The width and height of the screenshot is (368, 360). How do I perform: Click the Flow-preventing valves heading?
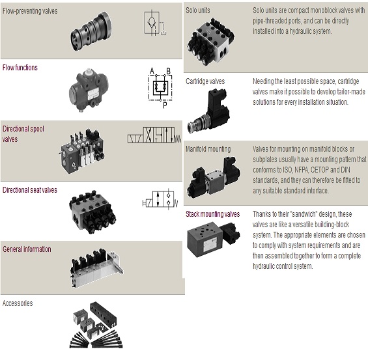[30, 11]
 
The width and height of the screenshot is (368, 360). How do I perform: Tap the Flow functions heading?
[20, 68]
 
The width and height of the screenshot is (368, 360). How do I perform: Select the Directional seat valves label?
[30, 189]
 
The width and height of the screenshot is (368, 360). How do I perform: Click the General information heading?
[27, 249]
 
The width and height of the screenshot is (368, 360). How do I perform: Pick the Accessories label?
[18, 303]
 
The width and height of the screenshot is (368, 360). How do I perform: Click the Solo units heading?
[198, 10]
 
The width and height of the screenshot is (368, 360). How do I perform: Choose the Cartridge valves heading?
[205, 81]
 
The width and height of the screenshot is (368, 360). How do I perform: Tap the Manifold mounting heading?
[208, 149]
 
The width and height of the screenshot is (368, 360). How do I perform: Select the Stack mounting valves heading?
[212, 214]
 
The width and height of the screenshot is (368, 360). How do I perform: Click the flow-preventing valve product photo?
[92, 31]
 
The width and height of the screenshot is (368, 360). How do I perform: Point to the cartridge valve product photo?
[208, 111]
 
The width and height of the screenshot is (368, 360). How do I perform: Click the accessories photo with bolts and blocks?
[96, 325]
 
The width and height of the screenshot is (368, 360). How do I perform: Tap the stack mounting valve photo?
[214, 240]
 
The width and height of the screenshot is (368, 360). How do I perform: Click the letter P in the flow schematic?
[165, 105]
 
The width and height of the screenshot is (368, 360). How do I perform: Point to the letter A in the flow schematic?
[152, 71]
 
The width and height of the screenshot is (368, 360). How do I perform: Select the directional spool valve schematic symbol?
[154, 135]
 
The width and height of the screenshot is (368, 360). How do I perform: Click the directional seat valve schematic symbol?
[160, 199]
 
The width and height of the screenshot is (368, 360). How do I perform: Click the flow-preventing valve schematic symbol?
[155, 23]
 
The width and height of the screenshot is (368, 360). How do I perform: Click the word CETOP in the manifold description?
[319, 170]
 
